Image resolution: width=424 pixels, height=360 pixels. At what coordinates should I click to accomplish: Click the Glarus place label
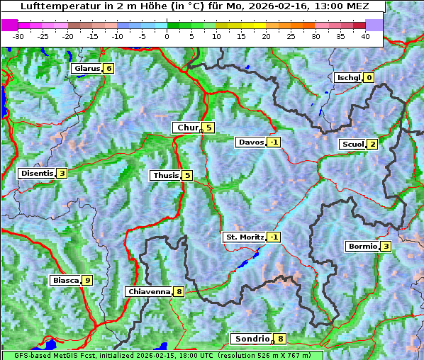click(x=86, y=69)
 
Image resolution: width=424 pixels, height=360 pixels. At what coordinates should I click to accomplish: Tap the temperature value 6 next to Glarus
click(x=108, y=69)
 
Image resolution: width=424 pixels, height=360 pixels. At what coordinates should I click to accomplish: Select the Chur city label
click(x=187, y=128)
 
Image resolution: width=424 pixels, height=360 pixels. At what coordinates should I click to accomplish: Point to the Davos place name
click(x=251, y=142)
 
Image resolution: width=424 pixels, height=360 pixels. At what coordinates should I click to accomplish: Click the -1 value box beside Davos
click(x=274, y=142)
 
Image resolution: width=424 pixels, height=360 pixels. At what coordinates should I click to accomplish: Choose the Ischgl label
click(x=348, y=78)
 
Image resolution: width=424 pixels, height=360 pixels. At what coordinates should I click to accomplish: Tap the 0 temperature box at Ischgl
click(x=369, y=78)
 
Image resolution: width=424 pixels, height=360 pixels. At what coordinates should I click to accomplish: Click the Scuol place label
click(x=352, y=145)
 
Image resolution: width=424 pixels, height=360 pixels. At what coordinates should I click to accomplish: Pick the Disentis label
click(x=37, y=174)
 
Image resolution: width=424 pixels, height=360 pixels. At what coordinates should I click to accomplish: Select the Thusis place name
click(x=165, y=175)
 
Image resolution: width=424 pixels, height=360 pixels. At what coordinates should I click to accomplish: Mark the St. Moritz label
click(x=245, y=237)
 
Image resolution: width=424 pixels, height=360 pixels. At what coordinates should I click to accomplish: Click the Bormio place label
click(x=362, y=247)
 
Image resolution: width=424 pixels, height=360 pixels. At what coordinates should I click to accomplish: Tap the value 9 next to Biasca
click(x=87, y=281)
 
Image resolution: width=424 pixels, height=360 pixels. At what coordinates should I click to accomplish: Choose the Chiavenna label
click(x=149, y=291)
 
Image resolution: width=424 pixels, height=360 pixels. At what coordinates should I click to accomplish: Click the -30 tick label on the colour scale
click(x=18, y=35)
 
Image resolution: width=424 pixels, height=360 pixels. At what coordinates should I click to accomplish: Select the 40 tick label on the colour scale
click(x=365, y=35)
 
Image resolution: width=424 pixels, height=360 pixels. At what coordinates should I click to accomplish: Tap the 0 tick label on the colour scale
click(x=167, y=35)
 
